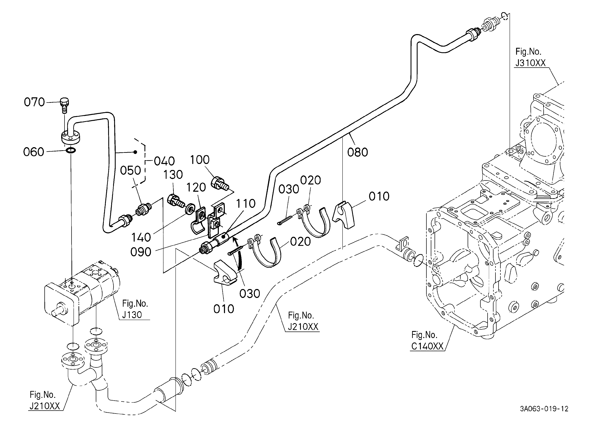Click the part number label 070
pos(34,102)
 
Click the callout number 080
pos(357,152)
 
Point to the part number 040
pos(164,161)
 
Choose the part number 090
pos(141,252)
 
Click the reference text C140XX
pos(427,346)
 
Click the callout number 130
pos(173,175)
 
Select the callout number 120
pos(196,187)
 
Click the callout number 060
pos(34,152)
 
